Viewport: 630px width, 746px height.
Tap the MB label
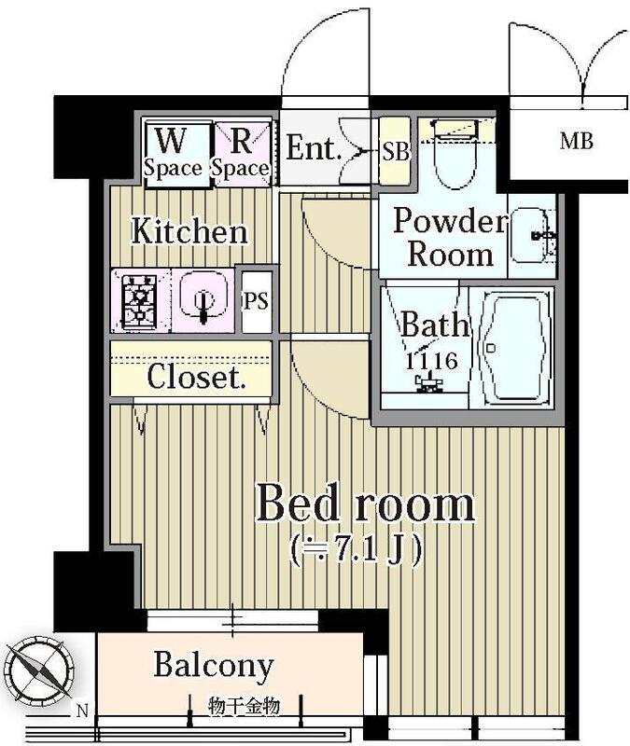pyautogui.click(x=576, y=143)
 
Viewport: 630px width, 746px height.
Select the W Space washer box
pyautogui.click(x=174, y=152)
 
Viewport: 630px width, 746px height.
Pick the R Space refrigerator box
pyautogui.click(x=241, y=152)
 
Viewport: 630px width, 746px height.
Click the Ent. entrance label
pyautogui.click(x=313, y=148)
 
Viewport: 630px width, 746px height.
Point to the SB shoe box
pyautogui.click(x=396, y=152)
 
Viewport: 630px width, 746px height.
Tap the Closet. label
pyautogui.click(x=196, y=379)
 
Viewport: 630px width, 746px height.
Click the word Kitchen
pyautogui.click(x=189, y=230)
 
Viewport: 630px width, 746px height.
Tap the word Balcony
pyautogui.click(x=214, y=666)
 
